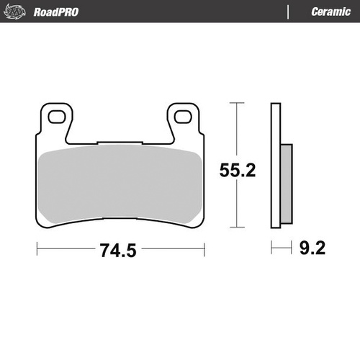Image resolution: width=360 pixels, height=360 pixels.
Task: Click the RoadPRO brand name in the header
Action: tap(56, 12)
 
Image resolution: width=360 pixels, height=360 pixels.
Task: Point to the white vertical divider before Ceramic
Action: tap(289, 12)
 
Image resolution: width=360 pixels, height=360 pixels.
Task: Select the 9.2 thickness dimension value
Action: tap(312, 250)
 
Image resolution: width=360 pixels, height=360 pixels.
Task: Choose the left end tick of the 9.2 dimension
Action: tap(271, 250)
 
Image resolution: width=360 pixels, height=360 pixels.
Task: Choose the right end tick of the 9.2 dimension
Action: tap(294, 250)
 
